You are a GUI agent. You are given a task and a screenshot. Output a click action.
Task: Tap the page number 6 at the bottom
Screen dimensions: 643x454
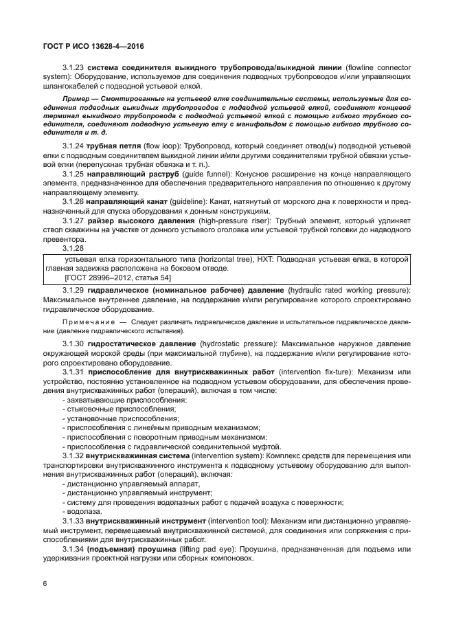45,583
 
